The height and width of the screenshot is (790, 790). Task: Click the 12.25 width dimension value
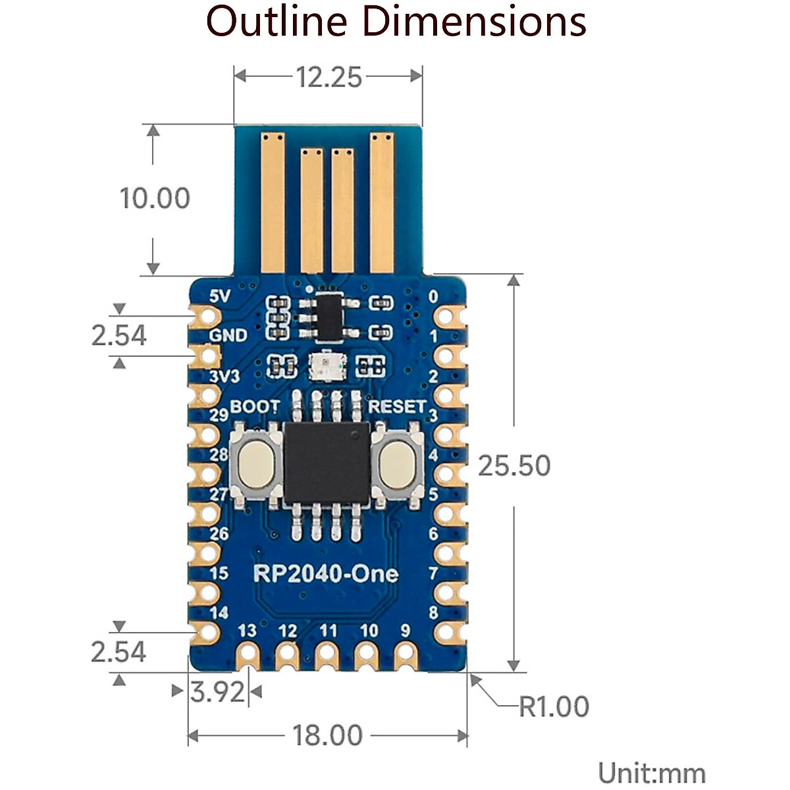pyautogui.click(x=329, y=77)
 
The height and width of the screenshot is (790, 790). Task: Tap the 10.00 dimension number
pyautogui.click(x=155, y=198)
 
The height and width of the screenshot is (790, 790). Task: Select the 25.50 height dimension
pyautogui.click(x=514, y=465)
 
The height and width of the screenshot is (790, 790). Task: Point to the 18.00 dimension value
pyautogui.click(x=328, y=735)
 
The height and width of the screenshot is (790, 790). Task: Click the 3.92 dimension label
pyautogui.click(x=217, y=693)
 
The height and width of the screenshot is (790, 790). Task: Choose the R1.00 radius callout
pyautogui.click(x=554, y=707)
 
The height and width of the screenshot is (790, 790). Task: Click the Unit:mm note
pyautogui.click(x=652, y=762)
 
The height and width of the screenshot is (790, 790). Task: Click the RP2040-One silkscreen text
pyautogui.click(x=326, y=574)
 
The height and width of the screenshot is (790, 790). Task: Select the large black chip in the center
pyautogui.click(x=327, y=463)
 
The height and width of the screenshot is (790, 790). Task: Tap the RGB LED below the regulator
pyautogui.click(x=327, y=365)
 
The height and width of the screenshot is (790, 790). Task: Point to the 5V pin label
pyautogui.click(x=220, y=296)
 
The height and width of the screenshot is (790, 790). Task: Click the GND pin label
pyautogui.click(x=228, y=336)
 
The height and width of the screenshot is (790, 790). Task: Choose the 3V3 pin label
pyautogui.click(x=224, y=377)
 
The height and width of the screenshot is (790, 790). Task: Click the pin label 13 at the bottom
pyautogui.click(x=248, y=631)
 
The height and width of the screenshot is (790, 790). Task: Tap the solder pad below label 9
pyautogui.click(x=406, y=657)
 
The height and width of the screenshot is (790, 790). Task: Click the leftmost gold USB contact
pyautogui.click(x=273, y=203)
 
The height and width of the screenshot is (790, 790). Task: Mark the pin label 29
pyautogui.click(x=219, y=415)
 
